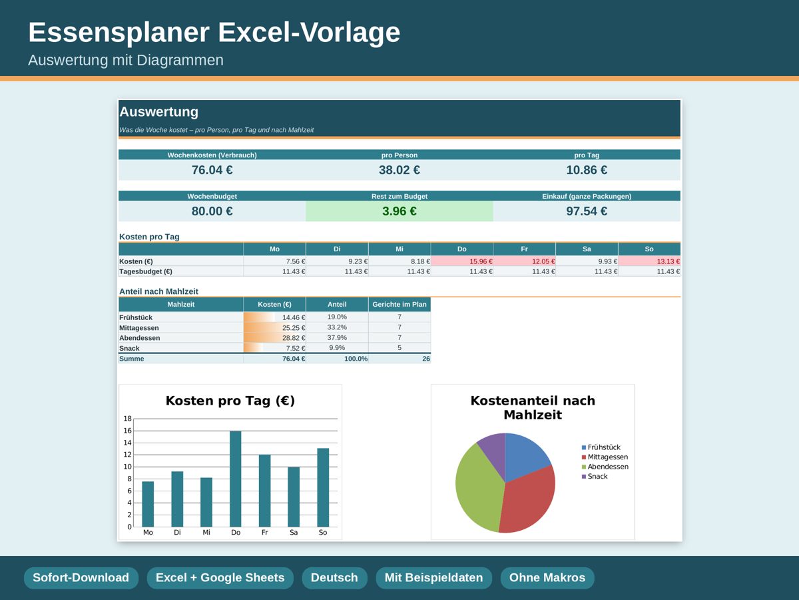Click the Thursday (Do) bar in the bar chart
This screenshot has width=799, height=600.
pyautogui.click(x=236, y=479)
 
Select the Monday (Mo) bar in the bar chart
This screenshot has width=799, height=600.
pyautogui.click(x=148, y=504)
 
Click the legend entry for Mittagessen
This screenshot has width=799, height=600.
pyautogui.click(x=605, y=457)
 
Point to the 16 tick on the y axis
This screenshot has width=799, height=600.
pyautogui.click(x=127, y=431)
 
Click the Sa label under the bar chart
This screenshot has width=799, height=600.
pyautogui.click(x=294, y=532)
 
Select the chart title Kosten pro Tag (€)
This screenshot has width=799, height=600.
pyautogui.click(x=230, y=401)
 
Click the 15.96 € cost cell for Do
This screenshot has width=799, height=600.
pyautogui.click(x=462, y=261)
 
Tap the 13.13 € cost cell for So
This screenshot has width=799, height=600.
pyautogui.click(x=649, y=261)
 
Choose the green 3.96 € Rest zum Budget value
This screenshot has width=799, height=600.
pyautogui.click(x=400, y=211)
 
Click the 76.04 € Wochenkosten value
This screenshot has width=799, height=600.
pyautogui.click(x=212, y=170)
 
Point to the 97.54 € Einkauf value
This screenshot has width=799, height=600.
pyautogui.click(x=587, y=211)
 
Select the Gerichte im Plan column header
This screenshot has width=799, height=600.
pyautogui.click(x=400, y=304)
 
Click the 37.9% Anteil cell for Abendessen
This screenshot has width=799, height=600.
pyautogui.click(x=337, y=338)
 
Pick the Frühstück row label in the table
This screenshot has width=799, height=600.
pyautogui.click(x=136, y=317)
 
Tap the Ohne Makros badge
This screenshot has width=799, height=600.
pyautogui.click(x=547, y=578)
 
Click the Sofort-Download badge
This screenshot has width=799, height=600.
pyautogui.click(x=81, y=578)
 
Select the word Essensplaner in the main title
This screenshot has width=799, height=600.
pyautogui.click(x=119, y=33)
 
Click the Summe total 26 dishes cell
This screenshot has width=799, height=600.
pyautogui.click(x=400, y=359)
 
